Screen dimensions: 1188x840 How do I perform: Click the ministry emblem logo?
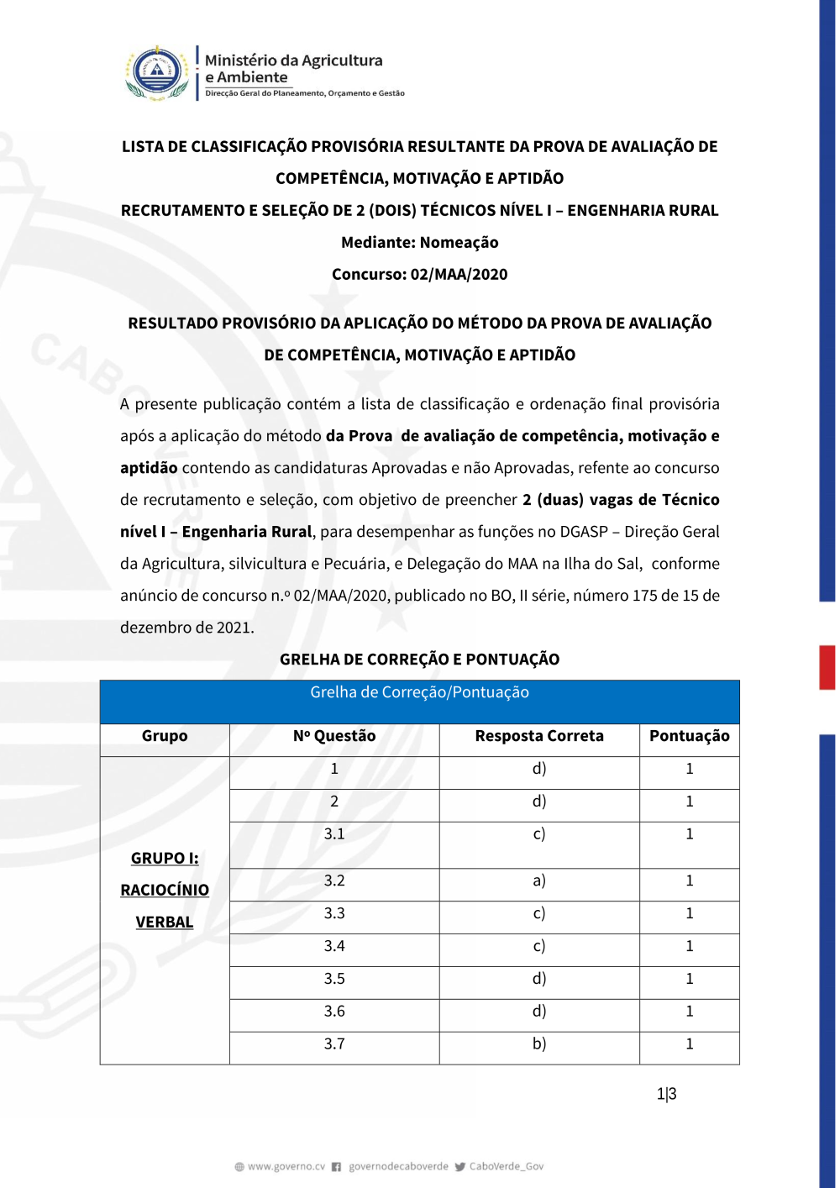click(x=157, y=73)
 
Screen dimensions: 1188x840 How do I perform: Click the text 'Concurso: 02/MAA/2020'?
click(x=419, y=274)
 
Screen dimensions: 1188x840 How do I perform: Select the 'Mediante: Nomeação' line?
click(x=419, y=242)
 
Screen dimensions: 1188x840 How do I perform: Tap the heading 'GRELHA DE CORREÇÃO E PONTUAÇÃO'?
click(x=419, y=660)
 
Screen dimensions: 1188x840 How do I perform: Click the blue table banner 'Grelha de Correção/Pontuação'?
click(x=419, y=692)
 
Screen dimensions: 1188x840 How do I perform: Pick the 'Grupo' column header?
click(x=165, y=736)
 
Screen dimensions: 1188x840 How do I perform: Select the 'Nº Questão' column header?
click(x=334, y=736)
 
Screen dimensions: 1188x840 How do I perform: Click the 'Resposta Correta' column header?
click(x=539, y=736)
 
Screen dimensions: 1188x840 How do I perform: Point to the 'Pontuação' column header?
click(x=689, y=736)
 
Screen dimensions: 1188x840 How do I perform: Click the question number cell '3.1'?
click(x=334, y=834)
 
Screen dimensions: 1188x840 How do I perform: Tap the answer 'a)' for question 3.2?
click(x=539, y=880)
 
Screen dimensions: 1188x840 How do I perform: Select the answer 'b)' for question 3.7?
click(x=539, y=1043)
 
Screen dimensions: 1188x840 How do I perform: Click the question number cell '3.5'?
click(x=334, y=979)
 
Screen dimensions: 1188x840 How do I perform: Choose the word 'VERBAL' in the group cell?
click(x=165, y=922)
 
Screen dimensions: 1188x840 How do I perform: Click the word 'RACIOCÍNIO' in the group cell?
click(x=165, y=890)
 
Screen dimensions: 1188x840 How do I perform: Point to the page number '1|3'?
click(x=666, y=1094)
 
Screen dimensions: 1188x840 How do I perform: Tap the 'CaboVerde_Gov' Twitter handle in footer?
click(x=506, y=1166)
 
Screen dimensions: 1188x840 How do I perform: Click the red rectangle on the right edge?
click(x=827, y=667)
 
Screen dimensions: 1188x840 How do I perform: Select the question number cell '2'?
click(x=334, y=802)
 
